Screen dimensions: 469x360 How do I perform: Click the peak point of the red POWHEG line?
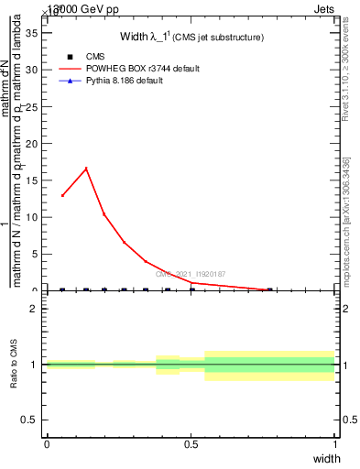click(86, 169)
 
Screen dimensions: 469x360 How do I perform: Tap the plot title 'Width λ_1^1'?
click(192, 38)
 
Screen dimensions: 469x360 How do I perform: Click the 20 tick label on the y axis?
click(31, 143)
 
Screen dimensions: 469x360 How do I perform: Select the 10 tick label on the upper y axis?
click(31, 217)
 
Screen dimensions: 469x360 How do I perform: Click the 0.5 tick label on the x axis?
click(191, 444)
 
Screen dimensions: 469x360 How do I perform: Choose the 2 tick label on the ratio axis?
click(34, 309)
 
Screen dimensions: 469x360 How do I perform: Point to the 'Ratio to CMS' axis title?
click(14, 364)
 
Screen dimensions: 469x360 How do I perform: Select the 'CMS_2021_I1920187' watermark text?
click(191, 274)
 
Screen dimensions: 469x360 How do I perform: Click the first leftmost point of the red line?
click(62, 195)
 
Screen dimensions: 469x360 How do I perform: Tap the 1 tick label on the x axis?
click(335, 444)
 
